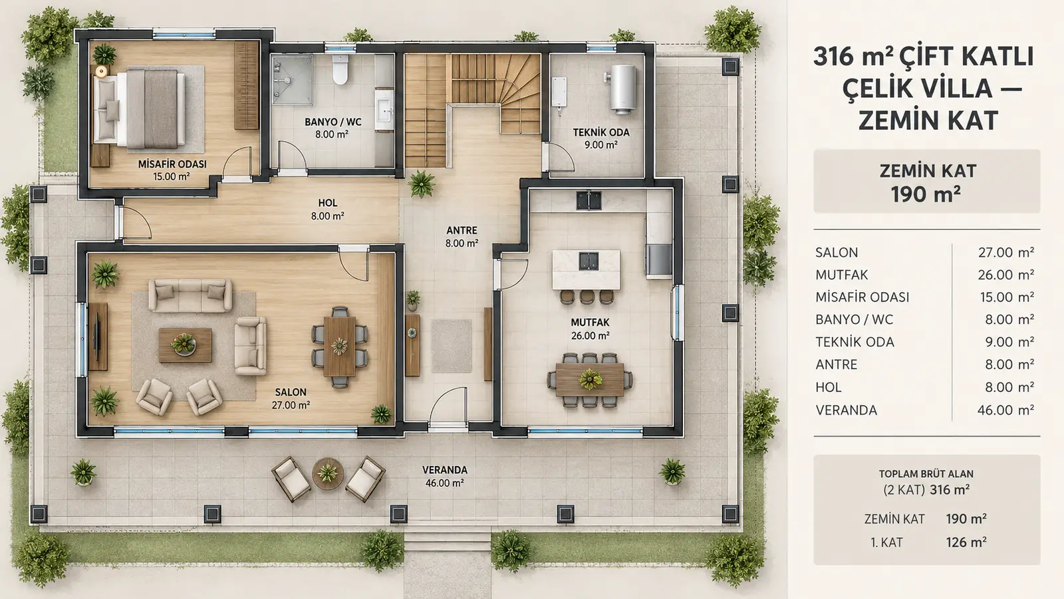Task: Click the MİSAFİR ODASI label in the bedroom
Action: pyautogui.click(x=172, y=164)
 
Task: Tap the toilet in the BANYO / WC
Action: pyautogui.click(x=340, y=69)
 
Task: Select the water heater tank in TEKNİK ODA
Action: pyautogui.click(x=622, y=89)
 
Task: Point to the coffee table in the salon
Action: pyautogui.click(x=186, y=345)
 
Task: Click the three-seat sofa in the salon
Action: pyautogui.click(x=190, y=296)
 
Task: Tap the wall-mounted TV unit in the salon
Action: pyautogui.click(x=98, y=337)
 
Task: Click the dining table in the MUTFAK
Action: pyautogui.click(x=590, y=380)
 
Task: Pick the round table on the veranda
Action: pyautogui.click(x=328, y=473)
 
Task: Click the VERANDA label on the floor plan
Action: pyautogui.click(x=445, y=470)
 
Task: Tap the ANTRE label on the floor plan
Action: pyautogui.click(x=462, y=230)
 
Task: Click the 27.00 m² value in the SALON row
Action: pyautogui.click(x=1006, y=252)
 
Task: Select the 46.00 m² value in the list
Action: pyautogui.click(x=1005, y=410)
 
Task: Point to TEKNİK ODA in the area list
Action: pyautogui.click(x=855, y=342)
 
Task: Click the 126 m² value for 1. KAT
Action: pyautogui.click(x=966, y=542)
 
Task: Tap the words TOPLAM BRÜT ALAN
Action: pyautogui.click(x=926, y=473)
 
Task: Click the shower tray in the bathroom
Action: pyautogui.click(x=292, y=80)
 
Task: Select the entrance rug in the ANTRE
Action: pyautogui.click(x=452, y=346)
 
